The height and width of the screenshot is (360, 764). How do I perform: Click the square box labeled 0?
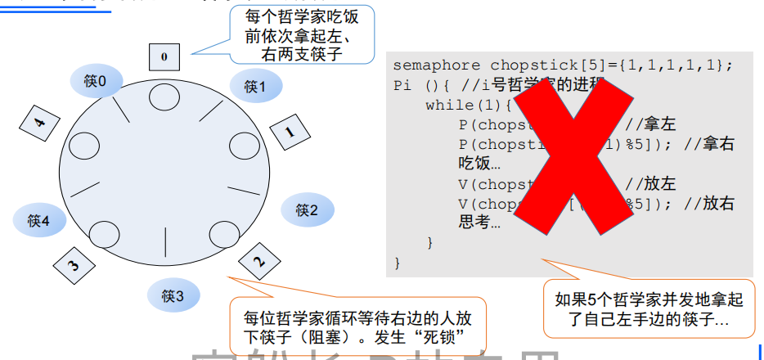point(164,56)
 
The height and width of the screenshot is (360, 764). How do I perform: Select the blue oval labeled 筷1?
point(256,86)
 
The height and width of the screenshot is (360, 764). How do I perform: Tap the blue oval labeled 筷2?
point(308,210)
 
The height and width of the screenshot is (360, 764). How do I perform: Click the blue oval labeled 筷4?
point(39,220)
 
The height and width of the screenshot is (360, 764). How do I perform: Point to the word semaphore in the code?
point(438,65)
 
